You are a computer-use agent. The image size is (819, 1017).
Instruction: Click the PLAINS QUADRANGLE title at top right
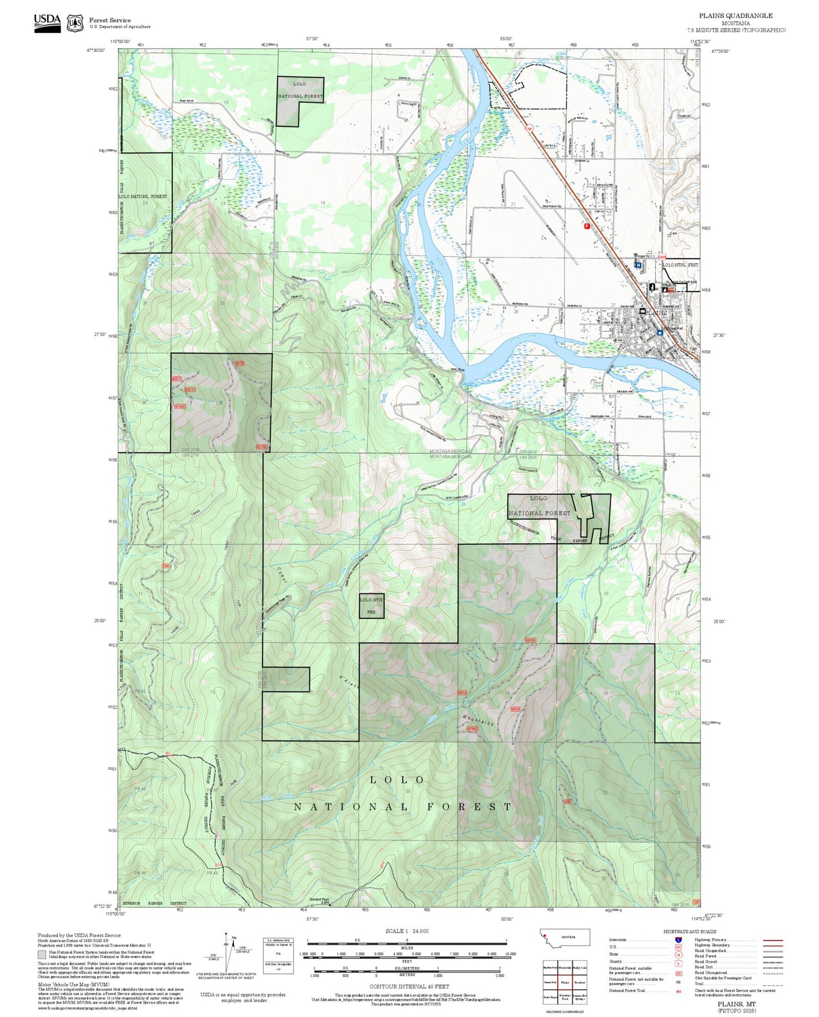(x=735, y=15)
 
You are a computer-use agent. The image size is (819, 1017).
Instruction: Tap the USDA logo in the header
(x=47, y=22)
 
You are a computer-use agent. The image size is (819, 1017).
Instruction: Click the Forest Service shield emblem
(x=75, y=23)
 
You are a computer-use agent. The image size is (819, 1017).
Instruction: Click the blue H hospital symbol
(x=638, y=264)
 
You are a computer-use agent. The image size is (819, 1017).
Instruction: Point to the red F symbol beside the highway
(x=587, y=226)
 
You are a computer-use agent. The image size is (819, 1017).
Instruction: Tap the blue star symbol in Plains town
(x=660, y=333)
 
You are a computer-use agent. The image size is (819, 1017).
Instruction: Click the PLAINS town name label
(x=657, y=312)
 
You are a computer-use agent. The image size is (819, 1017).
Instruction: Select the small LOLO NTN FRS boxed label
(x=371, y=605)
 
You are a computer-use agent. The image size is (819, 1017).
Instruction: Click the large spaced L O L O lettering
(x=397, y=780)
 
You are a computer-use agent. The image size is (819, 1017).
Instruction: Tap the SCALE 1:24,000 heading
(x=407, y=931)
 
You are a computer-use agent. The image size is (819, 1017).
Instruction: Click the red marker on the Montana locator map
(x=545, y=934)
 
